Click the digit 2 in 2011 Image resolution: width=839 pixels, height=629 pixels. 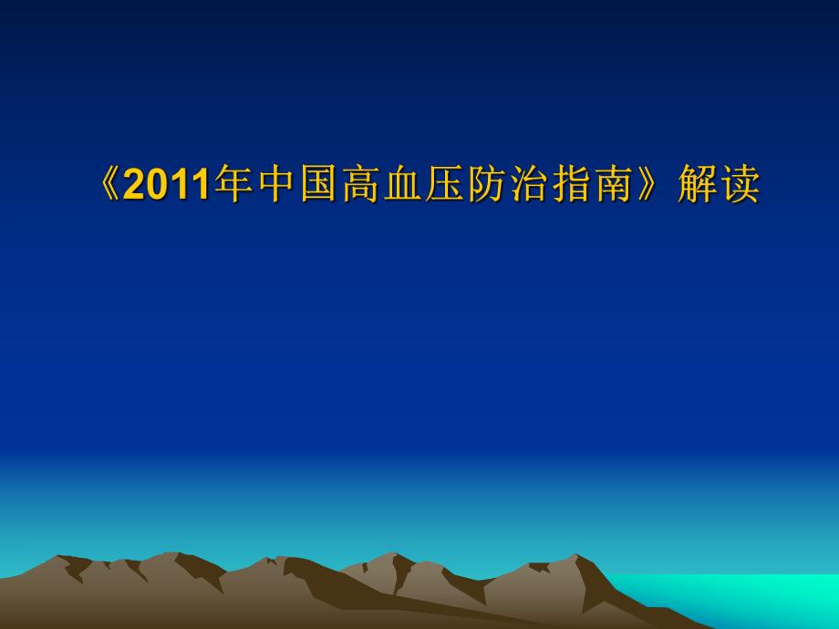click(x=134, y=186)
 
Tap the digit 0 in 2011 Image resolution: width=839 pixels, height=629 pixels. click(x=157, y=186)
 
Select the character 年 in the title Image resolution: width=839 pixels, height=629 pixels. click(x=233, y=185)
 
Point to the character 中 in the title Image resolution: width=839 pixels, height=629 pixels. click(x=275, y=185)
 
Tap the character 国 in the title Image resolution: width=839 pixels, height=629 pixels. click(x=317, y=185)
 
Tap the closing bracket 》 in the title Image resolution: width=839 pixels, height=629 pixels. click(x=652, y=185)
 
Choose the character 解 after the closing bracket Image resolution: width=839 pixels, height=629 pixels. click(x=697, y=185)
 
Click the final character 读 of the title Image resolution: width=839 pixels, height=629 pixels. click(x=739, y=185)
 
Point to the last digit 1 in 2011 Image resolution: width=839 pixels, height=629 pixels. click(x=202, y=186)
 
